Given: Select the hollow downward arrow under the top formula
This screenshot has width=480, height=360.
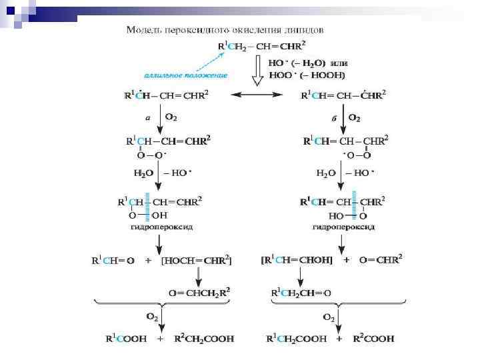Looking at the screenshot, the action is pyautogui.click(x=256, y=73).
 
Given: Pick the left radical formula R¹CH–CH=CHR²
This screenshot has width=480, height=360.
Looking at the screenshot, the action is pyautogui.click(x=167, y=96).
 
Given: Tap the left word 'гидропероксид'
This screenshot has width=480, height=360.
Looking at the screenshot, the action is pyautogui.click(x=163, y=227).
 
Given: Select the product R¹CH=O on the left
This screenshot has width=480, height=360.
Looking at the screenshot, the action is pyautogui.click(x=113, y=261).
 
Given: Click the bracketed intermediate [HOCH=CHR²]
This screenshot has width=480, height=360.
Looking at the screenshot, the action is pyautogui.click(x=197, y=261).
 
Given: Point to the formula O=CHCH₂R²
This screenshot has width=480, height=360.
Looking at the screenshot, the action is pyautogui.click(x=199, y=293).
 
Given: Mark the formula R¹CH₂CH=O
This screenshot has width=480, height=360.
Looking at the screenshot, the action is pyautogui.click(x=301, y=293).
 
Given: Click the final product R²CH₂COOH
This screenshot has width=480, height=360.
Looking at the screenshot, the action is pyautogui.click(x=204, y=339).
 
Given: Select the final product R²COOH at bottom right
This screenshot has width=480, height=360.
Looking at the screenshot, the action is pyautogui.click(x=373, y=339).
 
